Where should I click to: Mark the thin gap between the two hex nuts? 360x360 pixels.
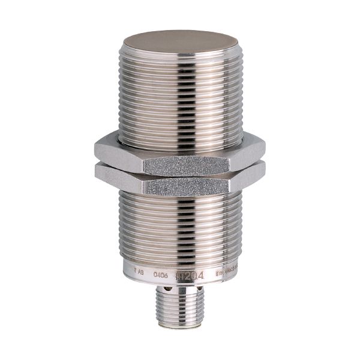click(x=180, y=175)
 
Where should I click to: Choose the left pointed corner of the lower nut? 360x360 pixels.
click(x=94, y=170)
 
